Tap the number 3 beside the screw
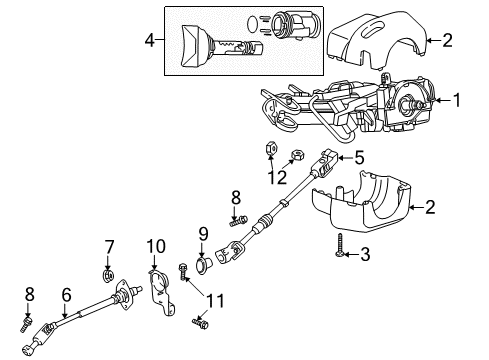coord(364,255)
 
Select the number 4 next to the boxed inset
coord(149,41)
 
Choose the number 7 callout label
coord(110,246)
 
